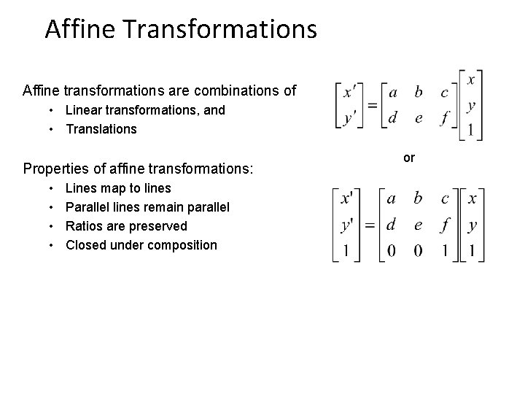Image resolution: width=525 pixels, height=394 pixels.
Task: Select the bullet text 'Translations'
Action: click(x=101, y=129)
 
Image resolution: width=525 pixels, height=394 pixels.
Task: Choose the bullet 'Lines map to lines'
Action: click(x=118, y=189)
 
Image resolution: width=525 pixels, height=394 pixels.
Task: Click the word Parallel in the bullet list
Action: click(x=89, y=208)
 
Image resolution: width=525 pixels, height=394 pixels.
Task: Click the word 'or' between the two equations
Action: click(x=409, y=158)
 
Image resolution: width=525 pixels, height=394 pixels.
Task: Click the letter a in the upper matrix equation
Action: click(x=393, y=92)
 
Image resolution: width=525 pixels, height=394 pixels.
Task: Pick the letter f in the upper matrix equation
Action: click(x=443, y=117)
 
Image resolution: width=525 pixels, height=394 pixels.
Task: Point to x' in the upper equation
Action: click(x=350, y=93)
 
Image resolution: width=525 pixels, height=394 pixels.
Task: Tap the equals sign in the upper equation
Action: click(x=372, y=104)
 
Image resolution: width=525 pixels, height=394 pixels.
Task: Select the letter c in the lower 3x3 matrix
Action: click(x=445, y=198)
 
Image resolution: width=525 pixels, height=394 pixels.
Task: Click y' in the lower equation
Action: click(x=349, y=224)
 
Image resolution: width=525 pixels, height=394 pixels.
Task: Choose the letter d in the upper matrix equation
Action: click(x=393, y=117)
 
